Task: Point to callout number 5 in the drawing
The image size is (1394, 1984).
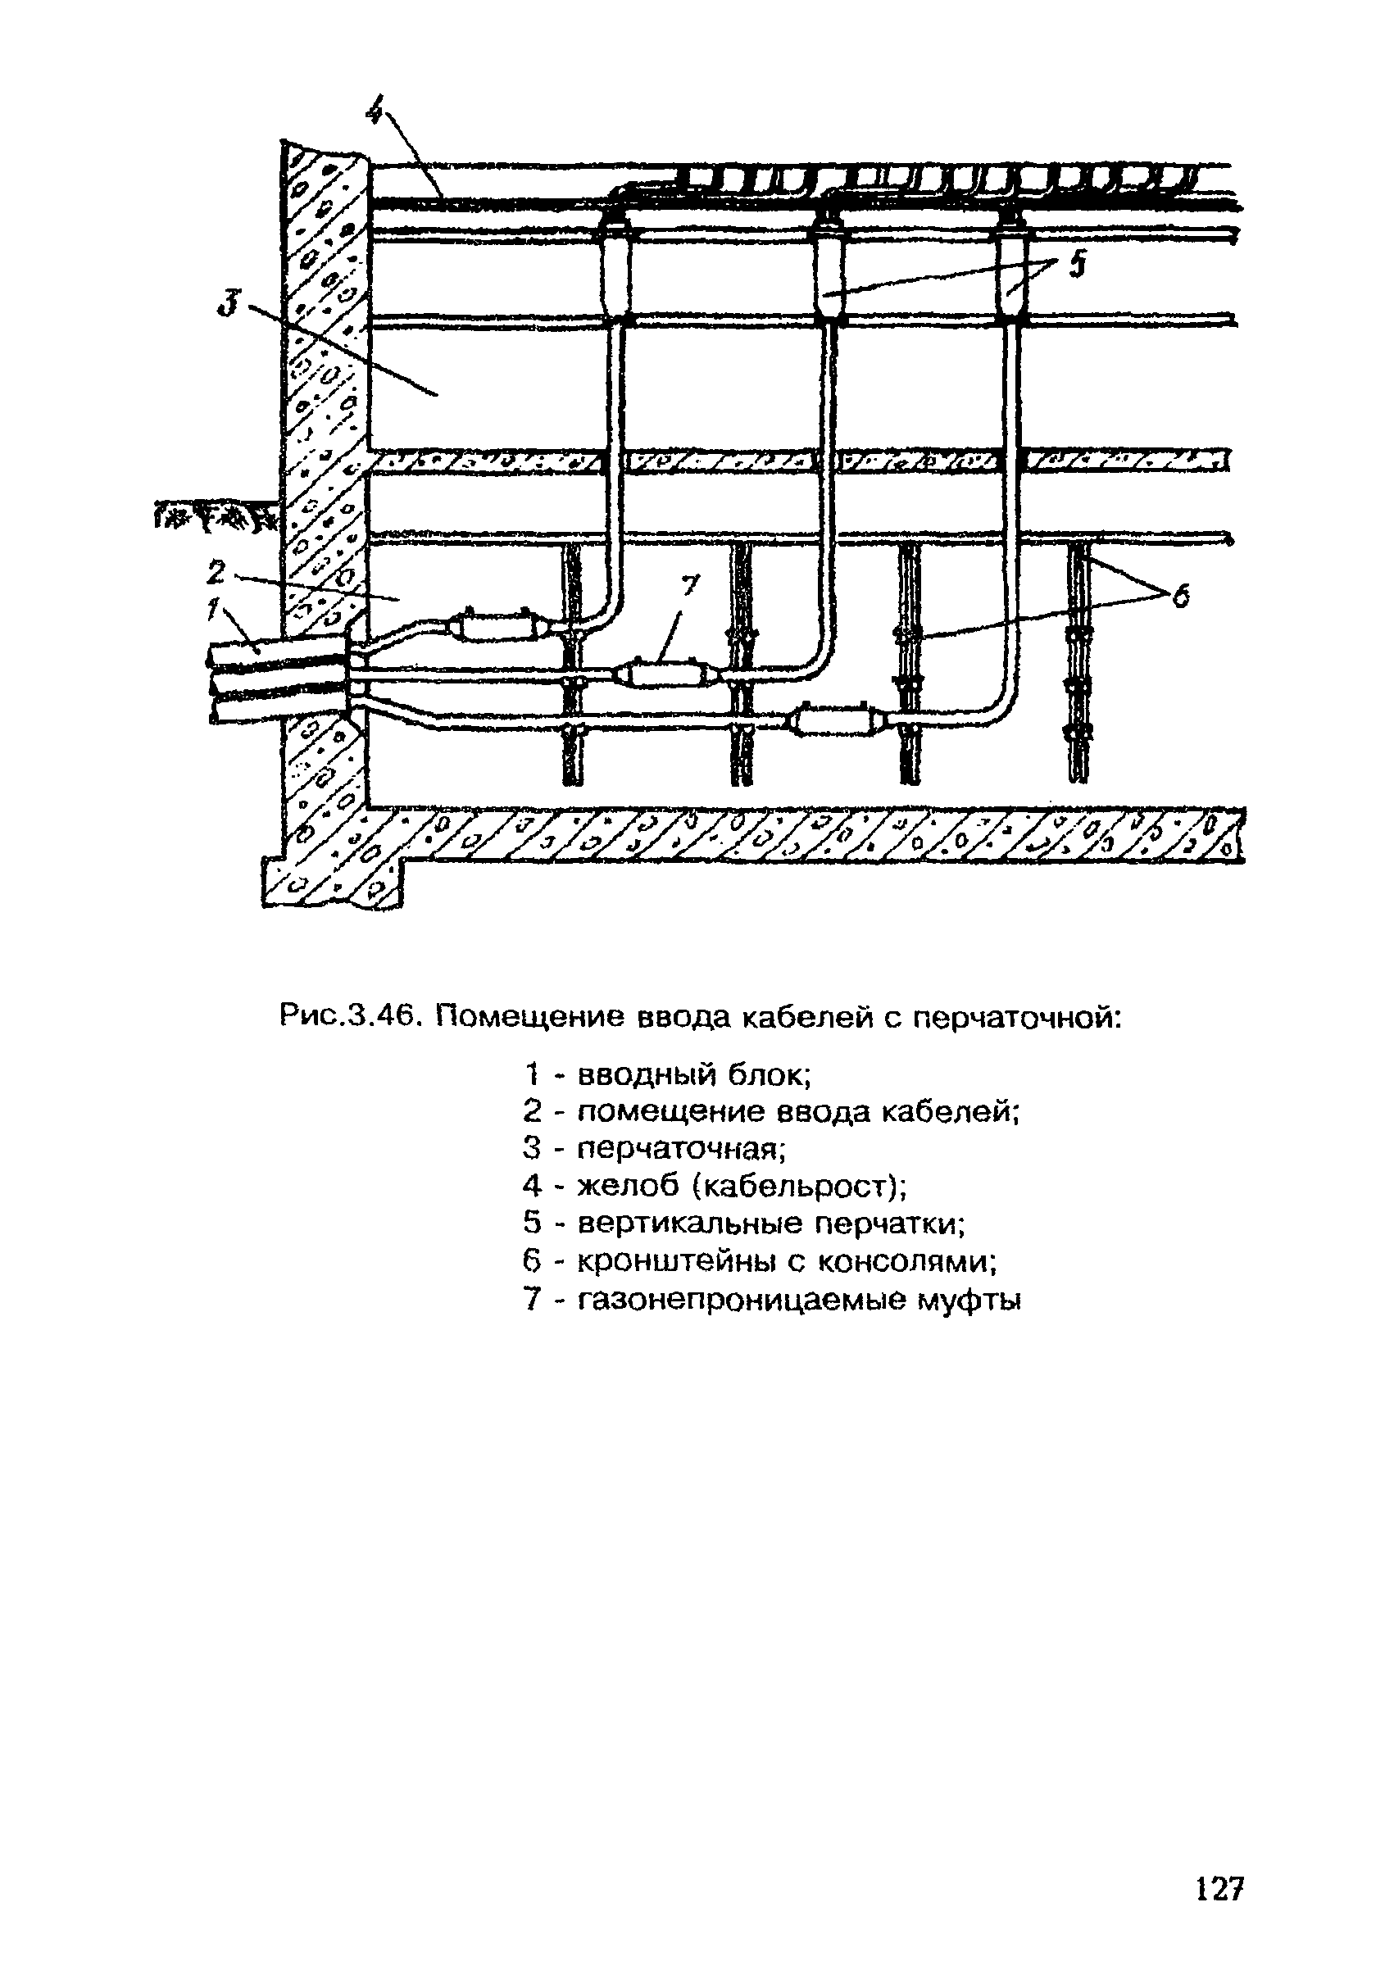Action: [x=1076, y=266]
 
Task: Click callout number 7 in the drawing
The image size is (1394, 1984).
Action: [x=688, y=587]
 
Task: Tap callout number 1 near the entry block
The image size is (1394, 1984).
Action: [x=211, y=610]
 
